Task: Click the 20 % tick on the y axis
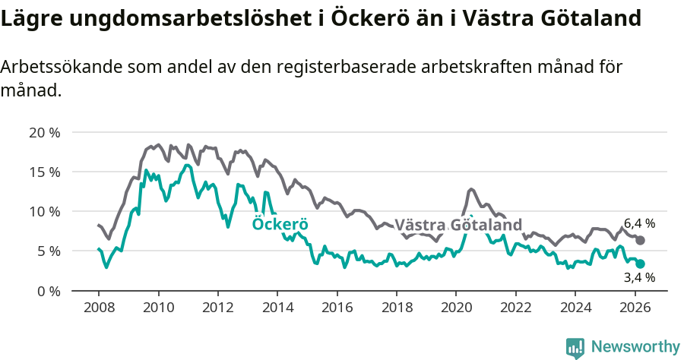tap(44, 132)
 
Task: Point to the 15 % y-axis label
tap(44, 172)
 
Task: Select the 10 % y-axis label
tap(44, 211)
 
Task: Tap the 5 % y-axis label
tap(48, 251)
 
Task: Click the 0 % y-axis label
tap(48, 290)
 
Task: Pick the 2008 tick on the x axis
tap(99, 307)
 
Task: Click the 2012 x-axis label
tap(217, 307)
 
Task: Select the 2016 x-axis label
tap(337, 307)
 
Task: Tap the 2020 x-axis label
tap(455, 307)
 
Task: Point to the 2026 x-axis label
tap(634, 307)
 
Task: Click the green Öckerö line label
tap(280, 224)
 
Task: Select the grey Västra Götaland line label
tap(458, 225)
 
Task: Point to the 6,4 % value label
tap(639, 223)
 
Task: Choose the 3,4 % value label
tap(639, 278)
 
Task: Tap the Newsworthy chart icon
tap(575, 347)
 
